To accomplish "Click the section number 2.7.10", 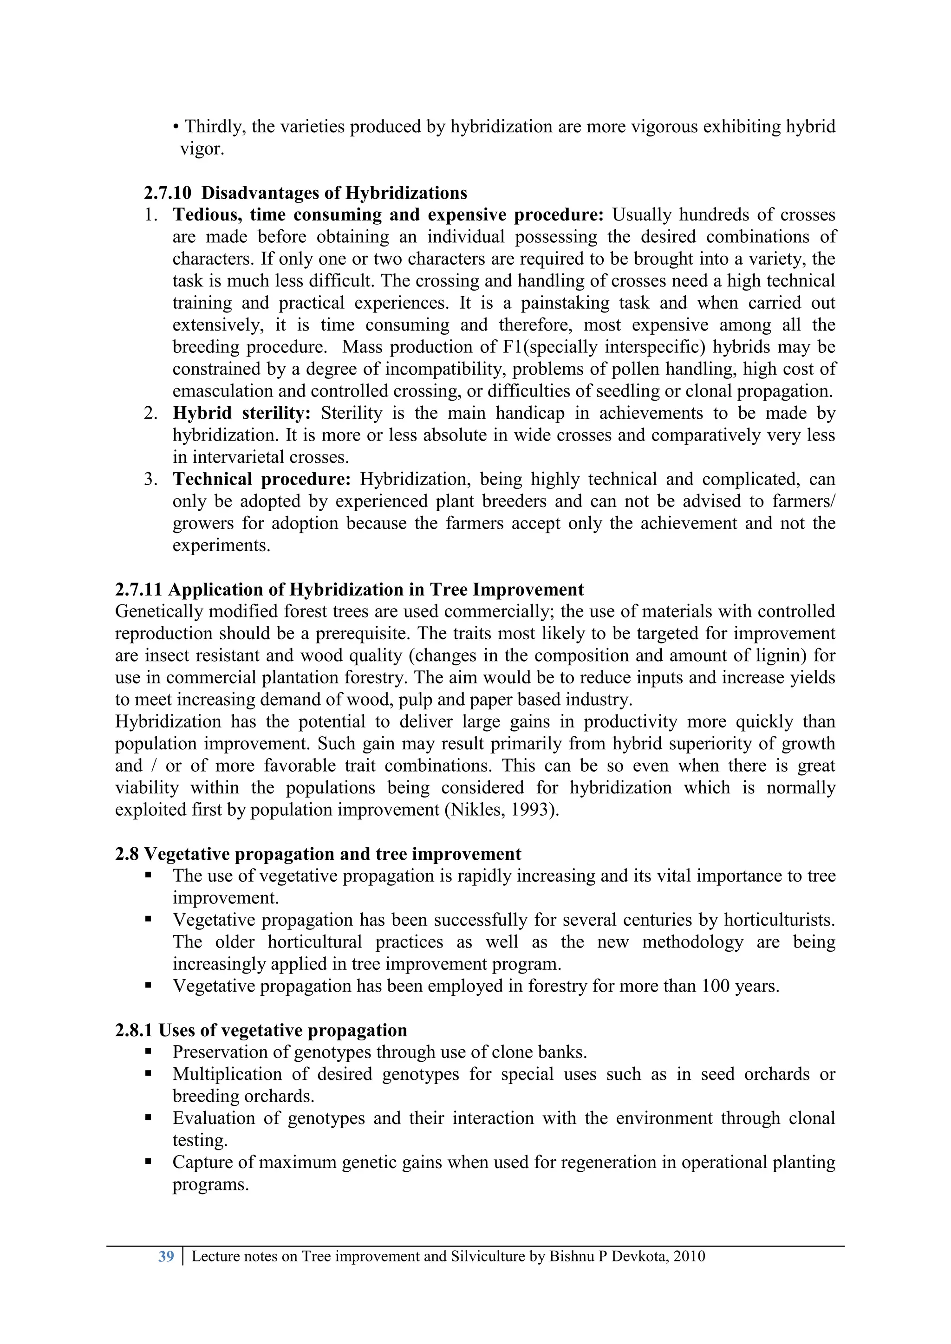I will pyautogui.click(x=168, y=193).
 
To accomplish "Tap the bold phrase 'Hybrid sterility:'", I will pyautogui.click(x=241, y=413).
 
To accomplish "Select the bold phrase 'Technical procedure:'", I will pyautogui.click(x=261, y=480).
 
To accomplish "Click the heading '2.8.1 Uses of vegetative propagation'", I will pyautogui.click(x=261, y=1030).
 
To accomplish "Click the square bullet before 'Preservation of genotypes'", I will pyautogui.click(x=148, y=1052).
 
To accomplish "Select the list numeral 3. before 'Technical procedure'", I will pyautogui.click(x=150, y=480).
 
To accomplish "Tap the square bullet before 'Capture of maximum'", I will pyautogui.click(x=148, y=1162).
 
